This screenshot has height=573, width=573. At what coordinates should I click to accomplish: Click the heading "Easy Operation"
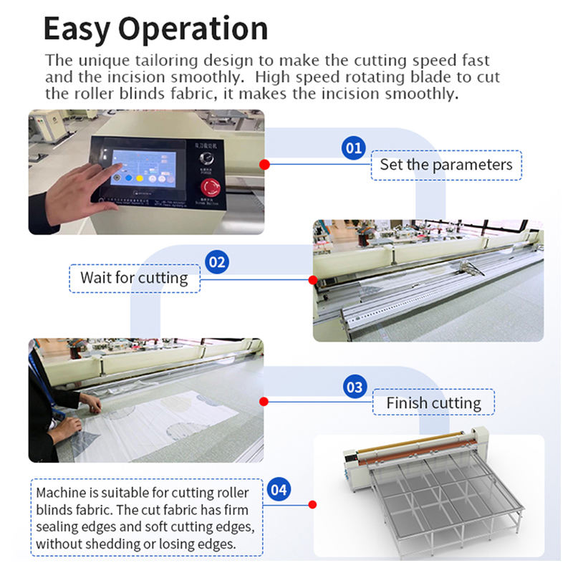tap(155, 29)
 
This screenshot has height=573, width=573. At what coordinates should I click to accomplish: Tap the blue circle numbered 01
tap(353, 148)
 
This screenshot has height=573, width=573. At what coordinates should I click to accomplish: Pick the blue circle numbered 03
tap(355, 387)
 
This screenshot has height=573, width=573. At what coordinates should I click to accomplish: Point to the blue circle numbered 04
tap(279, 490)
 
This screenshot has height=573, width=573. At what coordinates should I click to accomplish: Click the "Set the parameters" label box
tap(446, 165)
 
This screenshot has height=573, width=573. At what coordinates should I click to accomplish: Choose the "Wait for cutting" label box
tap(134, 278)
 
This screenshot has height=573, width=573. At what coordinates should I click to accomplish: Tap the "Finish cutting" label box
tap(433, 403)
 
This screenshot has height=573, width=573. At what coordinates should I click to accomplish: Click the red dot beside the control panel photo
tap(264, 164)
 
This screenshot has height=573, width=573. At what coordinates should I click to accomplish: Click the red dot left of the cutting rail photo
tap(312, 279)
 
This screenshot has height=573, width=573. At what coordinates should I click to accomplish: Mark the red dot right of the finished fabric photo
tap(264, 402)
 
